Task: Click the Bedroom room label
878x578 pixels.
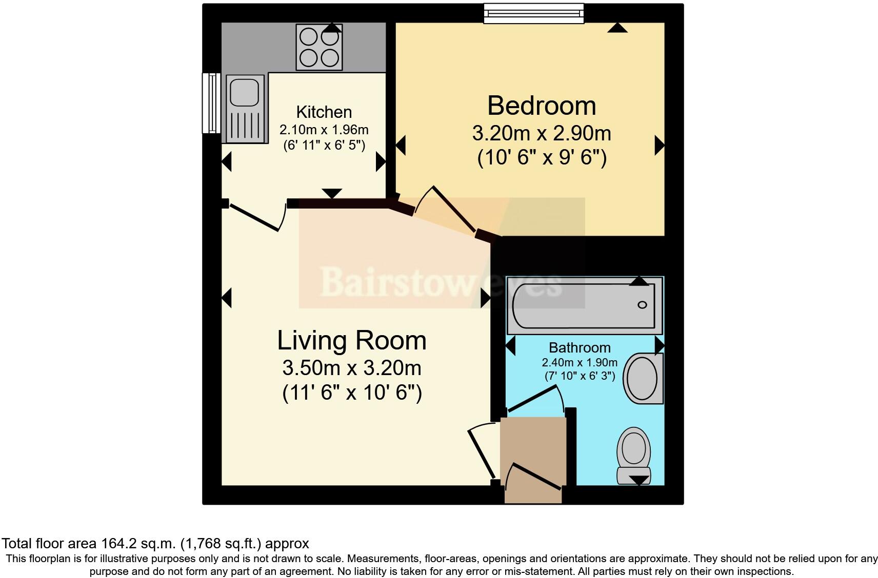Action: click(x=541, y=106)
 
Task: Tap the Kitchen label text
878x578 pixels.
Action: click(x=324, y=112)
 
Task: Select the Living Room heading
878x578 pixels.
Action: click(x=352, y=340)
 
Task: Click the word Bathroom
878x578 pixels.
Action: click(x=580, y=347)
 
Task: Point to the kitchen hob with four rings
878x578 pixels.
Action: click(x=319, y=47)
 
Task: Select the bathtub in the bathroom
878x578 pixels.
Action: click(x=584, y=305)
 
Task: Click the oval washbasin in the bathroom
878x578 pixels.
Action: click(x=643, y=379)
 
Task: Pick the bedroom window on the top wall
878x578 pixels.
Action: click(x=534, y=13)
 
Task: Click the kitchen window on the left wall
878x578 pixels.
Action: click(x=211, y=102)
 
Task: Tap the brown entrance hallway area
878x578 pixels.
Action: click(x=533, y=451)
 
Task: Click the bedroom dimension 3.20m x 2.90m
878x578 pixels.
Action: click(x=541, y=133)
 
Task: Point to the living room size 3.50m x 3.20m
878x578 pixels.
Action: click(x=352, y=367)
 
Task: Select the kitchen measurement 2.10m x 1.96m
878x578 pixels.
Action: click(x=324, y=130)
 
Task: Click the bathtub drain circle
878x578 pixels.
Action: click(x=642, y=305)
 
